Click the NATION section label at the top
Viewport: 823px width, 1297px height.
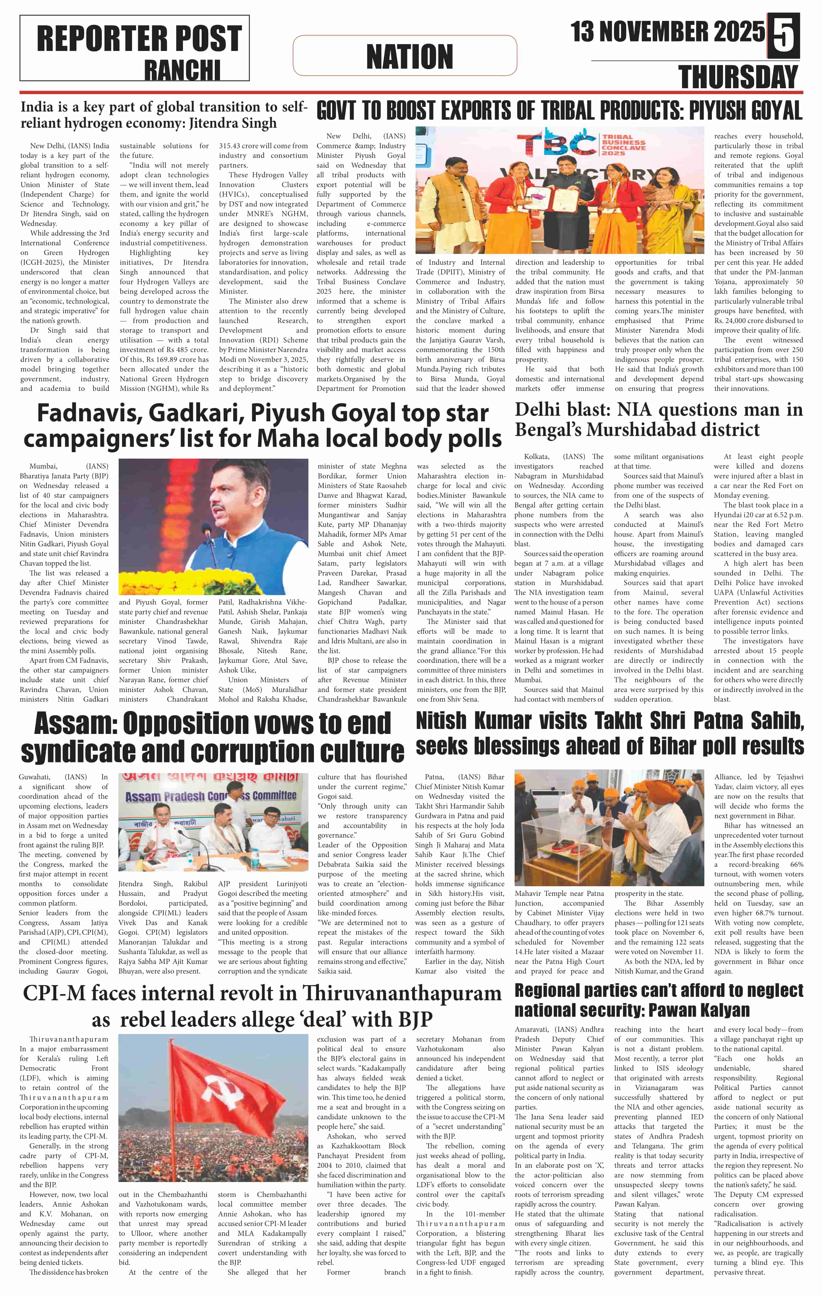(410, 56)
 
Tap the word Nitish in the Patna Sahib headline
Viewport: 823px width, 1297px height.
(441, 721)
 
